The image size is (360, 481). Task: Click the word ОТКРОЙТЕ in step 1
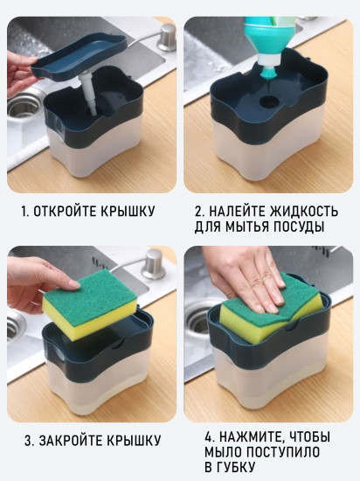(71, 211)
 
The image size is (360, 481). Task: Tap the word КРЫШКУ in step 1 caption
(130, 211)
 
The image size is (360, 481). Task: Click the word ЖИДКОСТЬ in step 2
(305, 211)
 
